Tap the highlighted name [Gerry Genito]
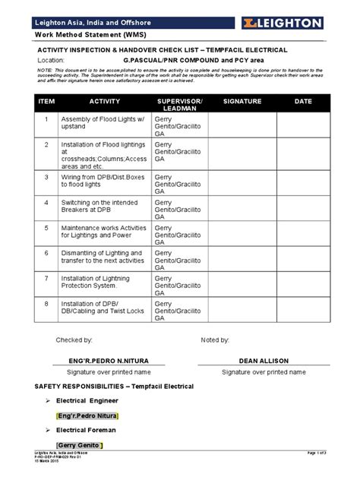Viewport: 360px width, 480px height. pos(79,445)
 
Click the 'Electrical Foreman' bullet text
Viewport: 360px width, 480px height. pos(93,430)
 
